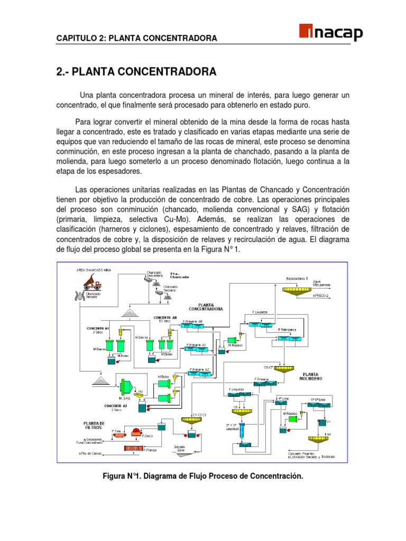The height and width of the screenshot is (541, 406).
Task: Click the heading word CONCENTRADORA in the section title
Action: pyautogui.click(x=172, y=71)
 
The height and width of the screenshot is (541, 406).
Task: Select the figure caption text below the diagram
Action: pyautogui.click(x=203, y=477)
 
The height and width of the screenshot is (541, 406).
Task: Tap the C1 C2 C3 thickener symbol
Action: pyautogui.click(x=195, y=420)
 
